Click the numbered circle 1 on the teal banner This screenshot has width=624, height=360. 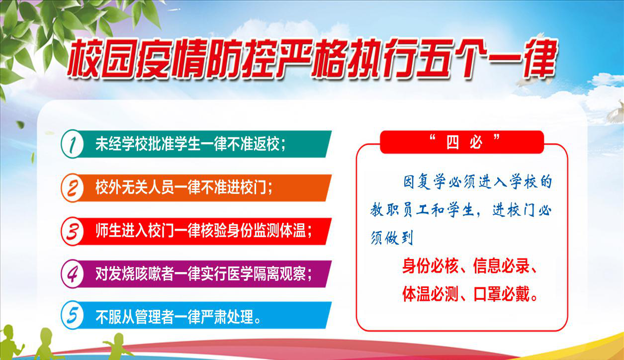(72, 144)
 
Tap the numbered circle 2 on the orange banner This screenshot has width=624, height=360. (72, 188)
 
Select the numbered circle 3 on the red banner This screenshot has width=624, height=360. (72, 231)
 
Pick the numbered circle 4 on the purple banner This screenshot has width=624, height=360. (72, 274)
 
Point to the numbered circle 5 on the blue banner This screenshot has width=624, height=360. (72, 315)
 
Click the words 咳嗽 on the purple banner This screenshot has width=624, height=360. (148, 274)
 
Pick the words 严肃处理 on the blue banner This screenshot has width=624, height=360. (227, 317)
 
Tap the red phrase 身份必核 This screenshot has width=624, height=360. (430, 266)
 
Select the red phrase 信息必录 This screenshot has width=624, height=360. (501, 266)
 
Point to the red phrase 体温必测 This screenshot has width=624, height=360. (430, 294)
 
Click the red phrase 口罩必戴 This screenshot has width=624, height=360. (501, 294)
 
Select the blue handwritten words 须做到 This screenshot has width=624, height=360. (391, 238)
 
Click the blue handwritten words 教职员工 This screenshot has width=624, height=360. (399, 210)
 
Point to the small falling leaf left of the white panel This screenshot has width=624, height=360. (20, 124)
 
